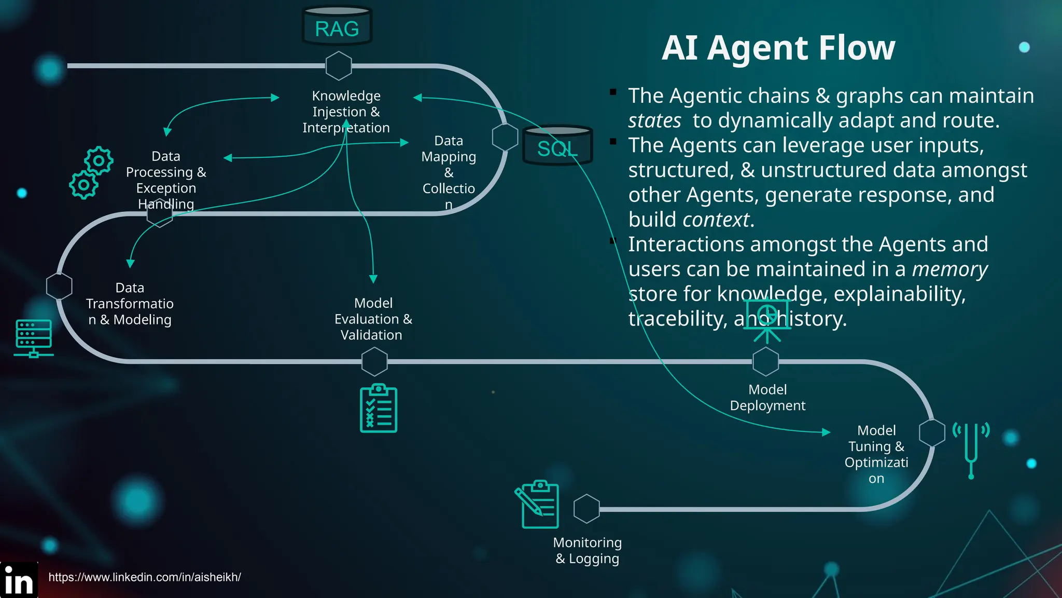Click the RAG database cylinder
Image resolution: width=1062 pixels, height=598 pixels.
pos(337,26)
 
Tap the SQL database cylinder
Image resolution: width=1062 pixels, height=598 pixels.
pos(557,146)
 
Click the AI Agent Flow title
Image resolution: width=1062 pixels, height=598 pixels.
pos(778,48)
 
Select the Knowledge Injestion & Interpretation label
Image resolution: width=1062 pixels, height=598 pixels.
pos(346,112)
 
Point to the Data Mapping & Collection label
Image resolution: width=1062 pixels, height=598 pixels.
pos(449,172)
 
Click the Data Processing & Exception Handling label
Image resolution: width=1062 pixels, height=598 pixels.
pos(166,180)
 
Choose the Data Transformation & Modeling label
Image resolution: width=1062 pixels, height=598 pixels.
pos(130,304)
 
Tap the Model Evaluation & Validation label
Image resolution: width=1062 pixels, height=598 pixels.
pos(373,319)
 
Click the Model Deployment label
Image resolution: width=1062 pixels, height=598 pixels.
pos(767,398)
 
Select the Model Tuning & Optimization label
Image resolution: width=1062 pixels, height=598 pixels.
pos(876,454)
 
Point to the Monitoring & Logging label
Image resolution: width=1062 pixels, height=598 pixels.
pos(587,550)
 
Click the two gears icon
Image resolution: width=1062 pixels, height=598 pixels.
pos(91,173)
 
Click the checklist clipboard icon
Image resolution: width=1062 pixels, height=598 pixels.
pos(379,409)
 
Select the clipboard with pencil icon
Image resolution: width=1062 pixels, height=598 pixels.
pos(537,504)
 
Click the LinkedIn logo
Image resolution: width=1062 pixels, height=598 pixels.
pos(19,580)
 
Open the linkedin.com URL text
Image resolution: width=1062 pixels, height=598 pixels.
pos(145,577)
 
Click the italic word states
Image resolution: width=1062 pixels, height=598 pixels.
pos(654,120)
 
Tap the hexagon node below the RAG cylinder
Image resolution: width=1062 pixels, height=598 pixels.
pos(339,66)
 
